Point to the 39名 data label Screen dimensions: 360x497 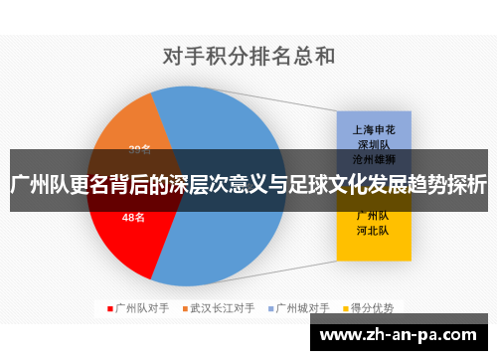point(140,150)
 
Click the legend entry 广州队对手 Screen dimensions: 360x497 point(142,308)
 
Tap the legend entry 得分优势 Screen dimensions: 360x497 point(370,308)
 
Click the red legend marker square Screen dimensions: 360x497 point(110,308)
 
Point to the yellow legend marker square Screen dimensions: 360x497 point(344,308)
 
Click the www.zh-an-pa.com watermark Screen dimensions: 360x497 point(402,335)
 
